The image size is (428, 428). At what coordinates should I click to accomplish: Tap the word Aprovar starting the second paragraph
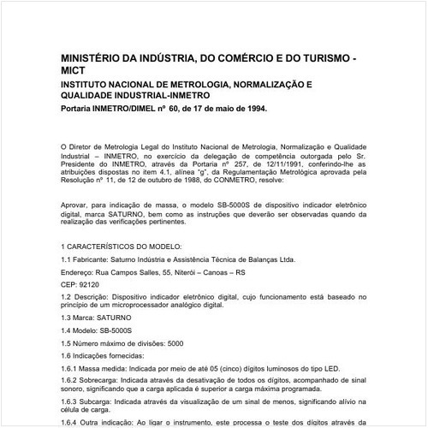[x=76, y=205]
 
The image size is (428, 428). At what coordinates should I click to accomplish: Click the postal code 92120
[x=90, y=283]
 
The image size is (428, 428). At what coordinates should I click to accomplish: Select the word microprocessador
[x=146, y=307]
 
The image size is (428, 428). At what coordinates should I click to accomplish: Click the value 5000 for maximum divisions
[x=175, y=343]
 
